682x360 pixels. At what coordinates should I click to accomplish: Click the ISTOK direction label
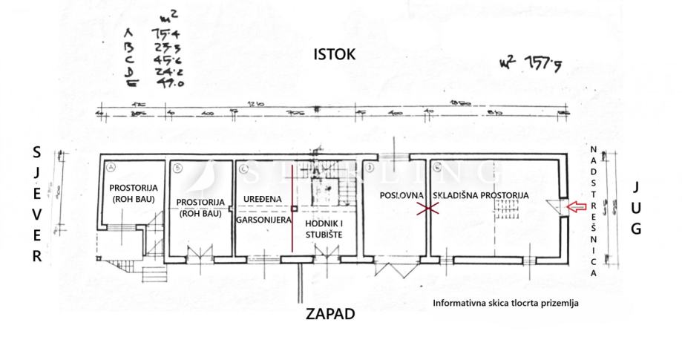(x=335, y=54)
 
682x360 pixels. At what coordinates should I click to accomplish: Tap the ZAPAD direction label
(x=330, y=314)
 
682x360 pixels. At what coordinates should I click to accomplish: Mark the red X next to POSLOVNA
(x=425, y=211)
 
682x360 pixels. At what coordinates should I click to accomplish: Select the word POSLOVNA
(x=401, y=196)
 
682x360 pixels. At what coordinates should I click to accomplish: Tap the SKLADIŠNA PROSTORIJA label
(x=480, y=196)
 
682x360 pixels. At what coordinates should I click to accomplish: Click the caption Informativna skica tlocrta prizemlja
(x=505, y=302)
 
